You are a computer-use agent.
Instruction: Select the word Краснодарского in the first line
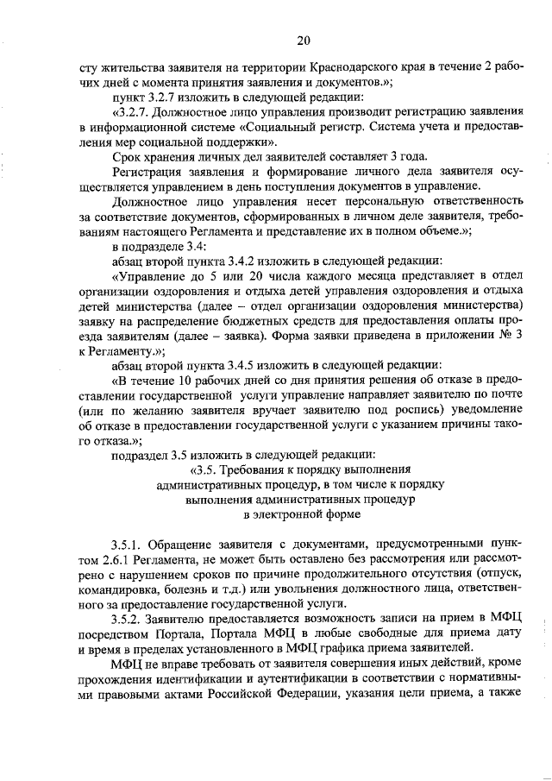pyautogui.click(x=315, y=67)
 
